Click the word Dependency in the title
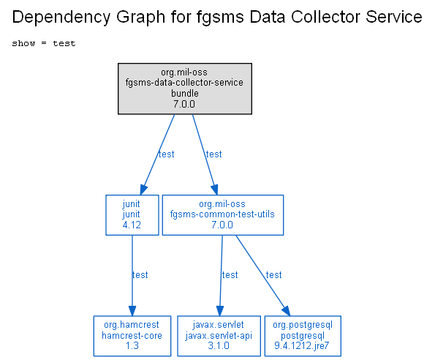61,18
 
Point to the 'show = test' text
44,43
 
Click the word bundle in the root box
185,93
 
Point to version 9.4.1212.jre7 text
301,346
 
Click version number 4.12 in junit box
132,225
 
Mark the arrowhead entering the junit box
143,190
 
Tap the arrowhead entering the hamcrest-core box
132,311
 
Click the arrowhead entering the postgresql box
287,311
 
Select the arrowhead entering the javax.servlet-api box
220,311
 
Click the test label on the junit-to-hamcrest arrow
140,275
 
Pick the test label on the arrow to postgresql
274,275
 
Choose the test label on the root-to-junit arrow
166,154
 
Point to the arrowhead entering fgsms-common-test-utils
215,190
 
